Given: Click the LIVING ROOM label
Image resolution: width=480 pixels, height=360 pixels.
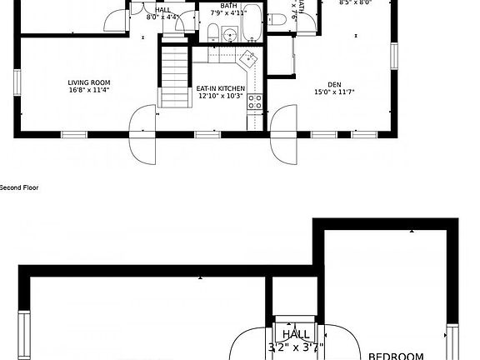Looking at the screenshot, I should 90,82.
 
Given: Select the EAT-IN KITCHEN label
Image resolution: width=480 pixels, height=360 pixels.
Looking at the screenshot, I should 221,87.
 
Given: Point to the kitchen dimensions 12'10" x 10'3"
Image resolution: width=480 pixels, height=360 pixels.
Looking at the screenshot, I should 220,96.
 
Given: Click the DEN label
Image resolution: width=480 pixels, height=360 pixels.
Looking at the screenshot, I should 334,84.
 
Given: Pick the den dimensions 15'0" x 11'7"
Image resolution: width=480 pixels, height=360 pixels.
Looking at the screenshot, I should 334,92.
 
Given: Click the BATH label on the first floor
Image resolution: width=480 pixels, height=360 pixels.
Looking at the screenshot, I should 228,5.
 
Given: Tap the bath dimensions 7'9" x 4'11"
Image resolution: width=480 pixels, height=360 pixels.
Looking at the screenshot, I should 228,13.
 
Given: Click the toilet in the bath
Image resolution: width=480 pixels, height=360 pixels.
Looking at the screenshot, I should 213,32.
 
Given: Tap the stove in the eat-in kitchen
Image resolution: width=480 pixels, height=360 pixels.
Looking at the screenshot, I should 255,103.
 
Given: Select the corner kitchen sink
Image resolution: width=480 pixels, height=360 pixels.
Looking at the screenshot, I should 248,59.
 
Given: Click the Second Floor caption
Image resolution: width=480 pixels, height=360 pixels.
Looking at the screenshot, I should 19,187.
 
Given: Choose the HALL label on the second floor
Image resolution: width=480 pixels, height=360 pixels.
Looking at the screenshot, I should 296,335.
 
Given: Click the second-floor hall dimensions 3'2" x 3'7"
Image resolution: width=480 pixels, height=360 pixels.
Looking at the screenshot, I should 296,347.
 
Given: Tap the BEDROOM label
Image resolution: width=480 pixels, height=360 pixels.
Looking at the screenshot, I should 397,356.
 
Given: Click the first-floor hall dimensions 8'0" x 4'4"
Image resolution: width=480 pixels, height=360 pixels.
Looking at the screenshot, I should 163,17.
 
